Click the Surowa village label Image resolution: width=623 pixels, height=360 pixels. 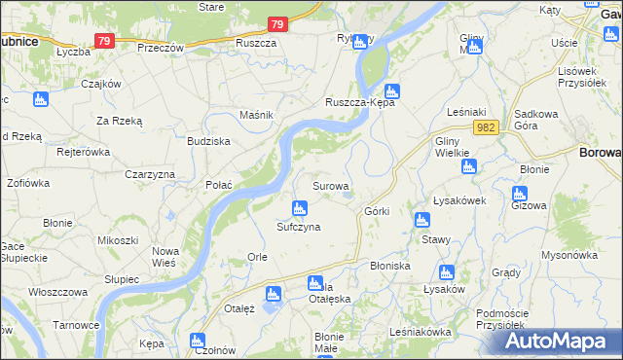[330, 185]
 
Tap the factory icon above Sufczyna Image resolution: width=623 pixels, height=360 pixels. [300, 207]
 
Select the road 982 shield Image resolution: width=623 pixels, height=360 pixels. [488, 127]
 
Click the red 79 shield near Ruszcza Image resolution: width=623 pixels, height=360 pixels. [278, 25]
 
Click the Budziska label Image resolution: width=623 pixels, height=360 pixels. [208, 141]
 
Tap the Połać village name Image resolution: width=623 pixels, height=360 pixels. [218, 184]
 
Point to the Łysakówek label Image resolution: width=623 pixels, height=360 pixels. [458, 200]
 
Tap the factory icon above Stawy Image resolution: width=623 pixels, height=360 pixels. [421, 219]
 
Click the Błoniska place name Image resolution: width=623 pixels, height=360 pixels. [390, 266]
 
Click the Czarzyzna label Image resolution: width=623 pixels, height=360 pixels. [150, 174]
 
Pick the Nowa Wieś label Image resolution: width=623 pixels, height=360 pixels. [165, 257]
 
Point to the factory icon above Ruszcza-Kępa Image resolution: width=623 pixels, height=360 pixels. [390, 90]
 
